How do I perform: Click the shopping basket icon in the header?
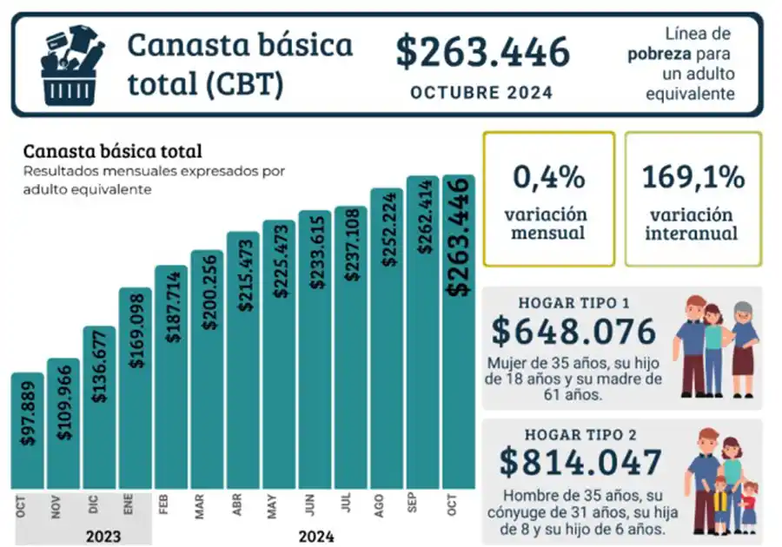pyautogui.click(x=72, y=63)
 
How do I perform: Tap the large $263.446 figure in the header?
pyautogui.click(x=482, y=52)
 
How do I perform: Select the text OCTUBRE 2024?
pyautogui.click(x=481, y=93)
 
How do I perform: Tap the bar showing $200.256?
pyautogui.click(x=208, y=369)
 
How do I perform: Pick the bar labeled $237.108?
pyautogui.click(x=350, y=347)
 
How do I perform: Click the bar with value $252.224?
pyautogui.click(x=387, y=339)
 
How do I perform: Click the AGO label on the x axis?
pyautogui.click(x=380, y=505)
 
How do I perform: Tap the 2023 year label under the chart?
pyautogui.click(x=102, y=537)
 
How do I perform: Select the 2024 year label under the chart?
pyautogui.click(x=315, y=537)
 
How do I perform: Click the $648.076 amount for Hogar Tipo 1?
pyautogui.click(x=573, y=333)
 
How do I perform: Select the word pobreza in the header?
pyautogui.click(x=659, y=54)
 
